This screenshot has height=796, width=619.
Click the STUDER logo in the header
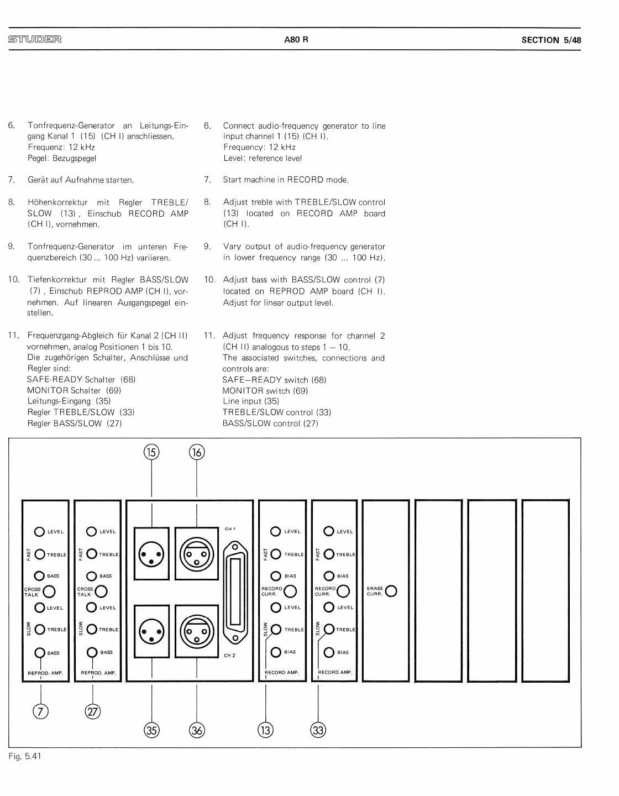pos(34,39)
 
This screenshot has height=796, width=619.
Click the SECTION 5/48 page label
pos(551,40)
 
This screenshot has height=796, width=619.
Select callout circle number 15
pos(151,453)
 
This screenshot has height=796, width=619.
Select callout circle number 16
pos(197,453)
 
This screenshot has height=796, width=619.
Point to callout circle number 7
pos(40,712)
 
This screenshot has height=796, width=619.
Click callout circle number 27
pos(93,712)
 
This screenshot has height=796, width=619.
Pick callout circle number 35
pos(151,731)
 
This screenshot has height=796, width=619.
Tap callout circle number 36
pos(197,731)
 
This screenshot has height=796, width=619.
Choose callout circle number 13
pos(266,731)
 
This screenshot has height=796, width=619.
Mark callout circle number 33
pos(318,731)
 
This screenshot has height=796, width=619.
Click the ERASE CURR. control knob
pos(391,591)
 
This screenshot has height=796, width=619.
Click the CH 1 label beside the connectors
pos(230,529)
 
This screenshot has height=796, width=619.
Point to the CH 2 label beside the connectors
pos(230,656)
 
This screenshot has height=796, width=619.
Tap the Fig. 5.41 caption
pos(25,756)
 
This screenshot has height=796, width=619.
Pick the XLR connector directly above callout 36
pos(197,631)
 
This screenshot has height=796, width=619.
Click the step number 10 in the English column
pos(209,280)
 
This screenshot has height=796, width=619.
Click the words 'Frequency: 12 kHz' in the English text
pos(259,147)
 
